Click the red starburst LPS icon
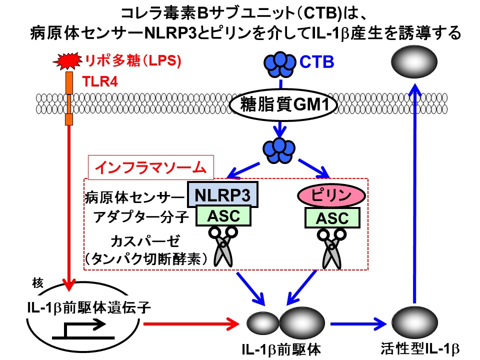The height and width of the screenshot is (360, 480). click(x=67, y=61)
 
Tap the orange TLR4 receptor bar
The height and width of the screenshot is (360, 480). click(x=69, y=98)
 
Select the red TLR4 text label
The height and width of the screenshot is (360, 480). click(x=100, y=81)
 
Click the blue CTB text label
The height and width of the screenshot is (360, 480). click(x=316, y=62)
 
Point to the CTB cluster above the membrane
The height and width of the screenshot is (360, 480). click(x=280, y=64)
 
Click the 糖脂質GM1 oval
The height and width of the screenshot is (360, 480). click(x=283, y=104)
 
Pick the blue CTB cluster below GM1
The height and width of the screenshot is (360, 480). click(x=279, y=150)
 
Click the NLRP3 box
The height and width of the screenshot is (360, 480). click(x=222, y=194)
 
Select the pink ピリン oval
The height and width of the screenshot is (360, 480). click(x=331, y=195)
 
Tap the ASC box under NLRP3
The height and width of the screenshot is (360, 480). click(x=223, y=216)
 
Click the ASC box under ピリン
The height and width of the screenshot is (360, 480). click(x=332, y=218)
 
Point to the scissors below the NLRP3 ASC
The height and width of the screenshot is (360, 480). click(x=223, y=246)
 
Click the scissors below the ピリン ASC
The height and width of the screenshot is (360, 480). click(x=331, y=248)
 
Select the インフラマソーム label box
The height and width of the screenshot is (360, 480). click(x=151, y=167)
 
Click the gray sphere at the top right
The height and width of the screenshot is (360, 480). click(x=414, y=61)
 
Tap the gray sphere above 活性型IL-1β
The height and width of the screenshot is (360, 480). click(x=414, y=321)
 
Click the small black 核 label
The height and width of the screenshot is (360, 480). click(x=38, y=283)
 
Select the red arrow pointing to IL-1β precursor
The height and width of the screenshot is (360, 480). click(x=191, y=323)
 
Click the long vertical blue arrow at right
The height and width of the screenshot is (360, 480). click(x=415, y=193)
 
